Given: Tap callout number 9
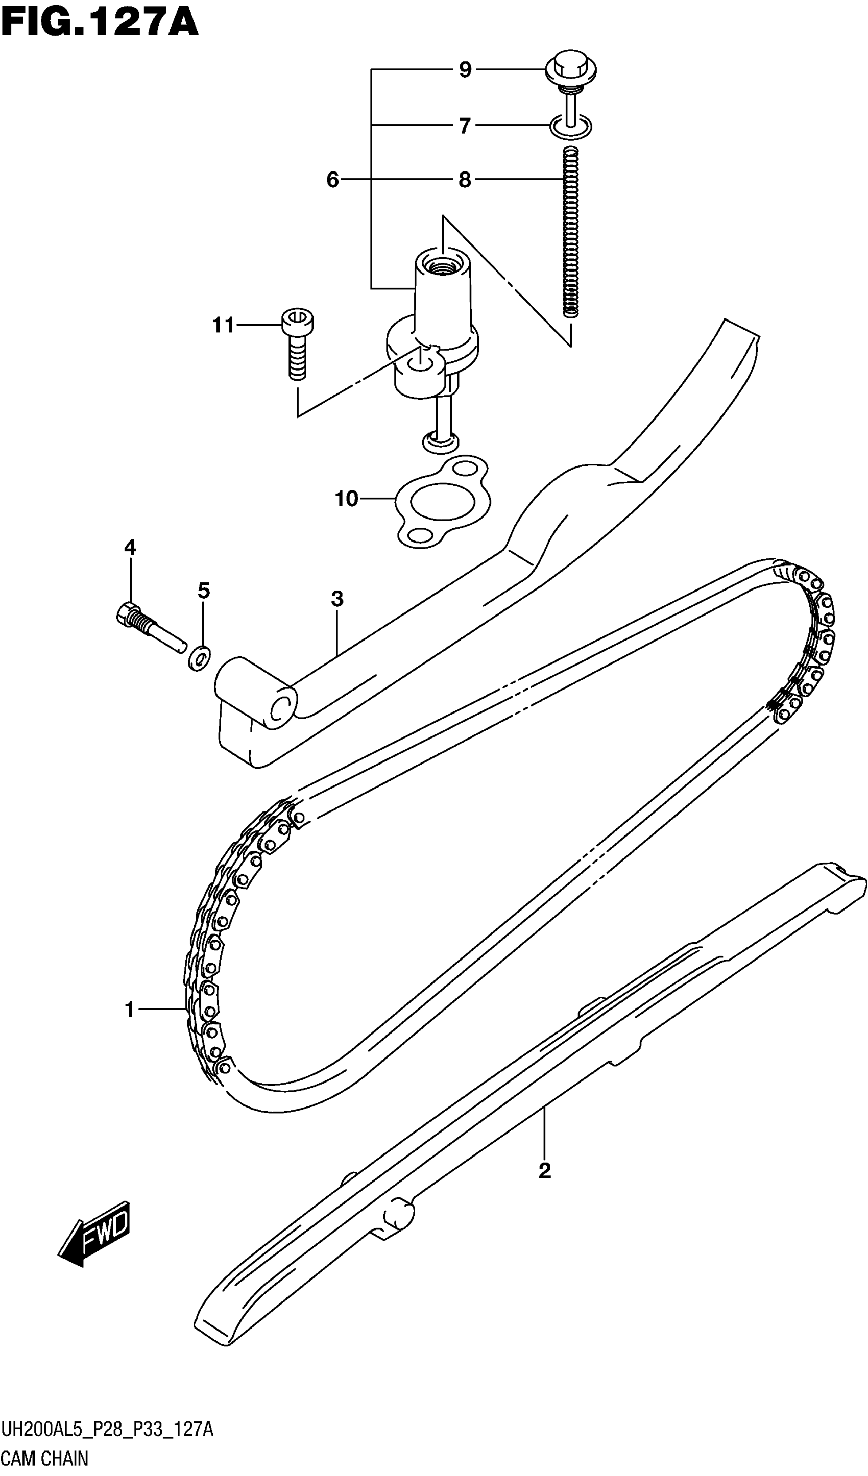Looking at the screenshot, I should point(465,70).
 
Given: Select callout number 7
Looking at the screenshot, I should point(465,126).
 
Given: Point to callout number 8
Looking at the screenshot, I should point(465,180).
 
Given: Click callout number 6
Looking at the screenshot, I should point(333,180).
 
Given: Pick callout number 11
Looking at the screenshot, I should point(223,325).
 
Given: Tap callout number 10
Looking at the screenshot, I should point(346,499).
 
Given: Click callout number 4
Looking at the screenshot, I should point(130,548).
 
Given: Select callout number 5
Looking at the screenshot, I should point(203,591).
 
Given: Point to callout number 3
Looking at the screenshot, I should point(337,599).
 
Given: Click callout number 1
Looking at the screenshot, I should point(130,1009).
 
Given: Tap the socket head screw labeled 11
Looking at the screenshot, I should point(298,342).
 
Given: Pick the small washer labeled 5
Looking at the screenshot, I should point(200,659).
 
